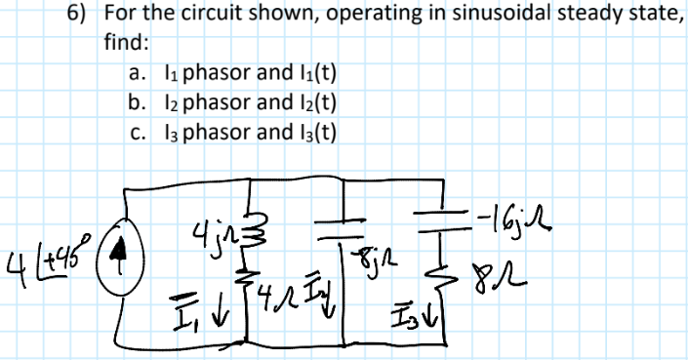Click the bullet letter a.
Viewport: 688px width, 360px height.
click(x=137, y=72)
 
